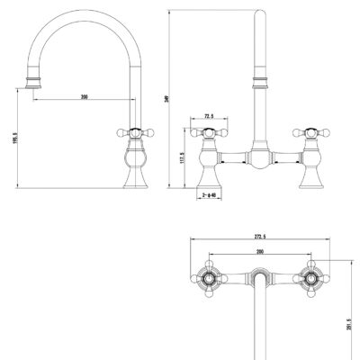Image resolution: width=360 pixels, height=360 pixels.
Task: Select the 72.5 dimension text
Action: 210,116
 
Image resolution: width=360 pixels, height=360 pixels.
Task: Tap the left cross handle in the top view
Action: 209,279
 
